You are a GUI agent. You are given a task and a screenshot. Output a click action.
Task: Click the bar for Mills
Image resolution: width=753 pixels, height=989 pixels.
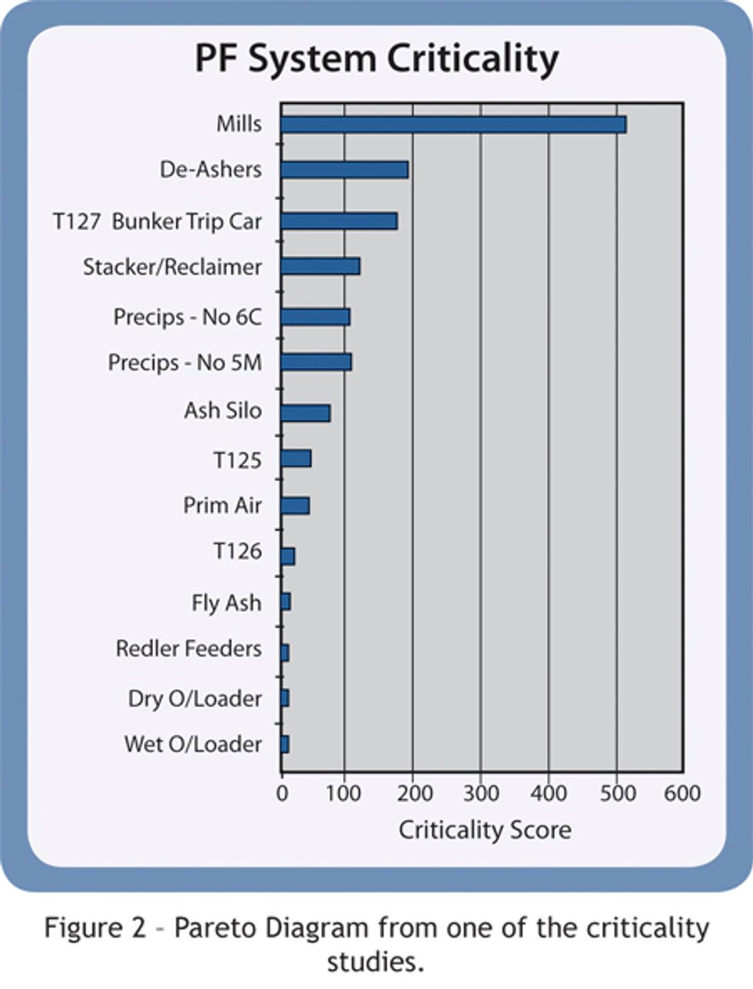[x=453, y=124]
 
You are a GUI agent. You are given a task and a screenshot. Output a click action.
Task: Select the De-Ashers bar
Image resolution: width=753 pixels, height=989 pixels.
[x=344, y=170]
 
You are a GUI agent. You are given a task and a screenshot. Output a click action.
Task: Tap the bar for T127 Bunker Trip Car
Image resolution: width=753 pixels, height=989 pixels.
[x=339, y=221]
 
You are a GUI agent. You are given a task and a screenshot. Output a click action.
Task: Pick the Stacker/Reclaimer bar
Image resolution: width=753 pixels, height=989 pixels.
[x=320, y=267]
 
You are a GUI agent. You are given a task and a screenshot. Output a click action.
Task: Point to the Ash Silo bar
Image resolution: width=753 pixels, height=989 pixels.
[x=305, y=413]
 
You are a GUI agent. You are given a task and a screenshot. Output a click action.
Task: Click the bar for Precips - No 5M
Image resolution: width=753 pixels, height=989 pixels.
[x=316, y=362]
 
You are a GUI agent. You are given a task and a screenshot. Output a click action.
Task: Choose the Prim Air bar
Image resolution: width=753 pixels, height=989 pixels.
[x=295, y=506]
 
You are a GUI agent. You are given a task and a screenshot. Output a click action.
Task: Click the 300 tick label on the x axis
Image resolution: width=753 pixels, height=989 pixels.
[x=480, y=792]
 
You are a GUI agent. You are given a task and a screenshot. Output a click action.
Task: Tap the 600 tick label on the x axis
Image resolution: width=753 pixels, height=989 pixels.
[x=682, y=792]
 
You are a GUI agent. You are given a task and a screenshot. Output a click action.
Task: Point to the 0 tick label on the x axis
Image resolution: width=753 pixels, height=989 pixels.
[x=282, y=792]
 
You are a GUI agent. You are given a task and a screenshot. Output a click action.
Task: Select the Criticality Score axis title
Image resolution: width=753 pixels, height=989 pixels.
[x=485, y=830]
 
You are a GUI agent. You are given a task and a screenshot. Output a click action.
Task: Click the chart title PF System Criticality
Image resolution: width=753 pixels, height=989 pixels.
[x=376, y=59]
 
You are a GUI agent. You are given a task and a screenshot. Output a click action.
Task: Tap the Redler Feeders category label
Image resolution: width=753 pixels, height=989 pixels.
[x=188, y=649]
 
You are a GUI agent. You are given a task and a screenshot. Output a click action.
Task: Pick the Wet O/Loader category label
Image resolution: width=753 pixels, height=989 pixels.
[x=193, y=744]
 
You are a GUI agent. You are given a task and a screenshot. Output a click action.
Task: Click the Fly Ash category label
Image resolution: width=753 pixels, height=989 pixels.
[x=227, y=602]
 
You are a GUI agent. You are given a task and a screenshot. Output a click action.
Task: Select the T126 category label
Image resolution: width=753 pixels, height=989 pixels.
[x=237, y=551]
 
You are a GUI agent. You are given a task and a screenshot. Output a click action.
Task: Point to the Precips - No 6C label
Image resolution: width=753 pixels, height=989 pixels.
[x=187, y=317]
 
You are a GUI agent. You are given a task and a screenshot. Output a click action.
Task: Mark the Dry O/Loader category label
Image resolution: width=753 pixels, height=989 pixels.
[x=195, y=699]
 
